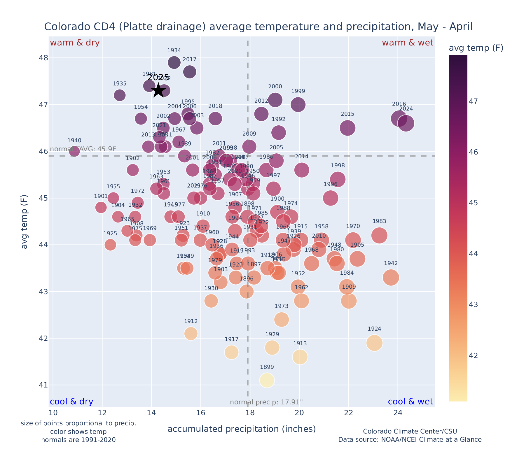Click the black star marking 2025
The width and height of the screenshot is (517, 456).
pyautogui.click(x=158, y=90)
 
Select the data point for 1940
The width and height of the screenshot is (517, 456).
pyautogui.click(x=74, y=151)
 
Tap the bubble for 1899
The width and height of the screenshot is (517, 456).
pyautogui.click(x=267, y=380)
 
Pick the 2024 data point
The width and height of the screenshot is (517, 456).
pyautogui.click(x=406, y=123)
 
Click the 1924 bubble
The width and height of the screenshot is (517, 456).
pyautogui.click(x=374, y=343)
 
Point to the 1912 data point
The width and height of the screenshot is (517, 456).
pyautogui.click(x=191, y=333)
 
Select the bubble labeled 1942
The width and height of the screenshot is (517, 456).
pyautogui.click(x=391, y=278)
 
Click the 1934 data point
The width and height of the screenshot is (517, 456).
pyautogui.click(x=174, y=62)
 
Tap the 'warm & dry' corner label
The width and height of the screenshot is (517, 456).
pyautogui.click(x=75, y=43)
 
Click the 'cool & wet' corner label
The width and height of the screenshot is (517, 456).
pyautogui.click(x=410, y=402)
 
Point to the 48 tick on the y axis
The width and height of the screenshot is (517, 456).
pyautogui.click(x=43, y=58)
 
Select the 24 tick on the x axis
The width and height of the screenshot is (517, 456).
pyautogui.click(x=398, y=413)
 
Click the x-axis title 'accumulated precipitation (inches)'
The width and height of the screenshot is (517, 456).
pyautogui.click(x=242, y=429)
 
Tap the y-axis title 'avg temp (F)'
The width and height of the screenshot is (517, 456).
pyautogui.click(x=25, y=222)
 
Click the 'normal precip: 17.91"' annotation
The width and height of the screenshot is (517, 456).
pyautogui.click(x=266, y=402)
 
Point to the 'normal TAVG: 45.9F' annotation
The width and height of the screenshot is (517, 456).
pyautogui.click(x=83, y=149)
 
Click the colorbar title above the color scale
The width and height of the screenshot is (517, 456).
pyautogui.click(x=476, y=48)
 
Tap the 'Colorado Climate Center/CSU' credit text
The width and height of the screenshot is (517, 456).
pyautogui.click(x=410, y=431)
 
